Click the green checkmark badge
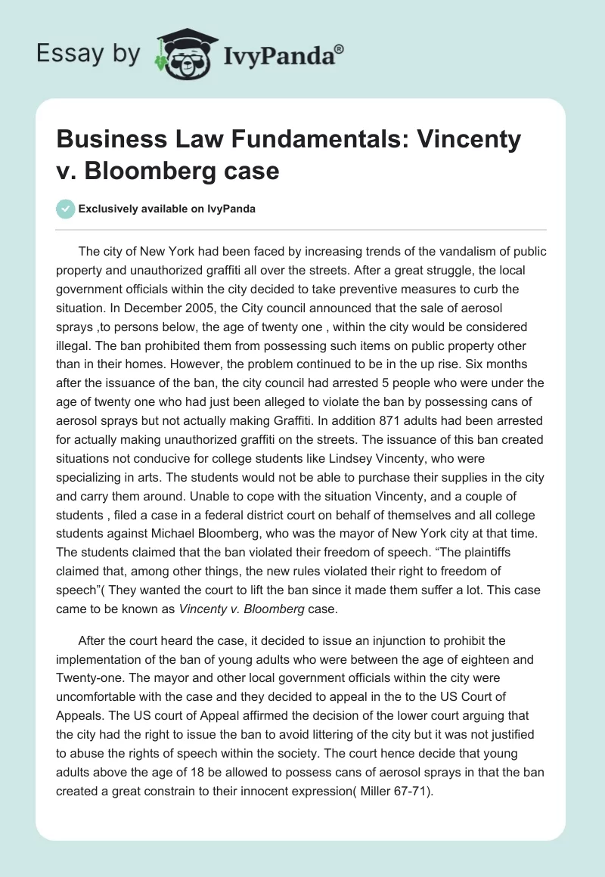(65, 209)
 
